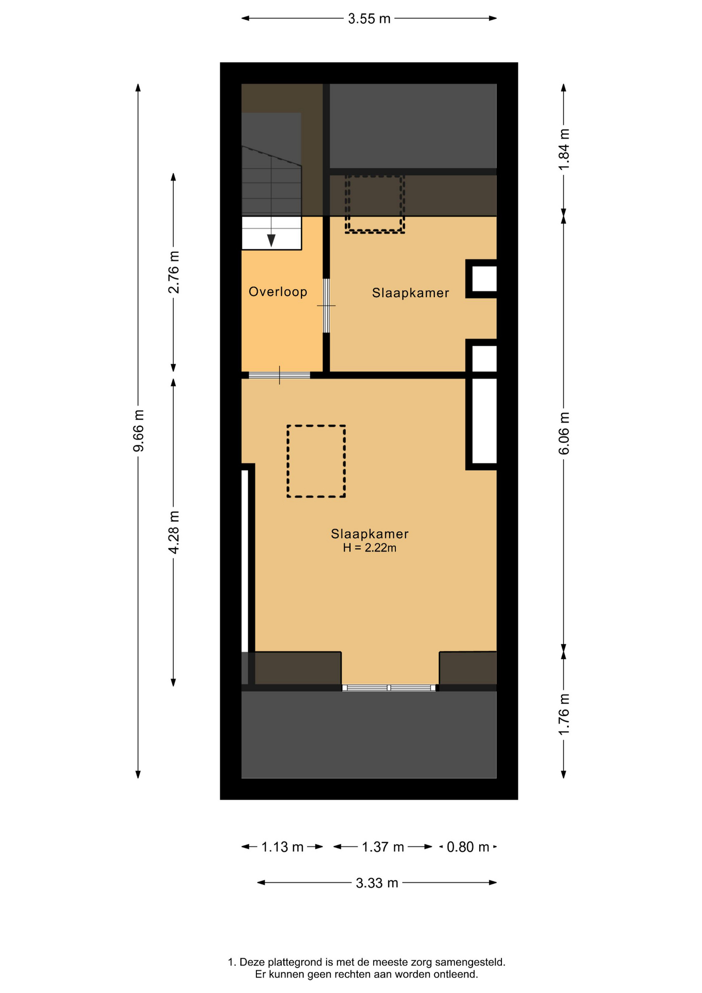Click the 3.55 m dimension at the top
pyautogui.click(x=369, y=19)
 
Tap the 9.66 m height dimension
pyautogui.click(x=139, y=430)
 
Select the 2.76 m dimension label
pyautogui.click(x=174, y=272)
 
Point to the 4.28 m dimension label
pyautogui.click(x=174, y=532)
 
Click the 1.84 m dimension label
pyautogui.click(x=564, y=149)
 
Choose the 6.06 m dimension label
pyautogui.click(x=564, y=433)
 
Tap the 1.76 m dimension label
pyautogui.click(x=564, y=714)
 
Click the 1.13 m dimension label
pyautogui.click(x=282, y=847)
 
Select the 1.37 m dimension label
pyautogui.click(x=383, y=847)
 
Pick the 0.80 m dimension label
pyautogui.click(x=468, y=847)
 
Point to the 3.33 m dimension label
pyautogui.click(x=377, y=883)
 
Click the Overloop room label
pyautogui.click(x=278, y=292)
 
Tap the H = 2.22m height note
pyautogui.click(x=370, y=548)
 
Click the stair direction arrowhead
pyautogui.click(x=271, y=240)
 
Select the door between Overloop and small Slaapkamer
pyautogui.click(x=326, y=306)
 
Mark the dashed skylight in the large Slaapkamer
pyautogui.click(x=316, y=461)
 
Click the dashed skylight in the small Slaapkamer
pyautogui.click(x=375, y=204)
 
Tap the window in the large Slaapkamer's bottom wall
pyautogui.click(x=389, y=688)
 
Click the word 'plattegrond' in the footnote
pyautogui.click(x=294, y=962)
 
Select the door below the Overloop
pyautogui.click(x=279, y=375)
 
